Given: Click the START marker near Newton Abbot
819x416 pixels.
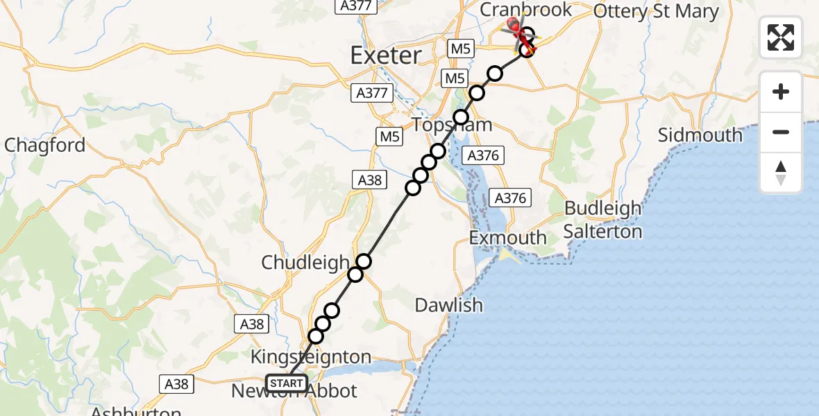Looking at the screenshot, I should (x=285, y=383).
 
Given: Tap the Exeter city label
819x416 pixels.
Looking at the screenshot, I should (x=386, y=55).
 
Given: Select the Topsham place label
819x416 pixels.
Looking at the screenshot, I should (x=453, y=125).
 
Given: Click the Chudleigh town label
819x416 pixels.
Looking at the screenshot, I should (x=305, y=262).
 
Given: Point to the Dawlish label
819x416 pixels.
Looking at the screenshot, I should (x=448, y=304).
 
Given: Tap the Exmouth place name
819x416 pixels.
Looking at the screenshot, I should (x=508, y=238).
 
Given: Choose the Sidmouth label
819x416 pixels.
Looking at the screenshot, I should (x=700, y=135).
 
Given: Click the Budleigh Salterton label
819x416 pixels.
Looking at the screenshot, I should (x=602, y=219).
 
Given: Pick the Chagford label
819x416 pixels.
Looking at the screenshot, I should (x=45, y=146).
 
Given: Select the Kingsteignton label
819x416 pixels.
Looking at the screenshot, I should (x=310, y=358).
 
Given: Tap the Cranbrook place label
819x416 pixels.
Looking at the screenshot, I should (x=526, y=10).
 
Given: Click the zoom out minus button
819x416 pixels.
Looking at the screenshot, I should (x=781, y=132).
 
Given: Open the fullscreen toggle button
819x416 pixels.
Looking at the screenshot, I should (x=781, y=37).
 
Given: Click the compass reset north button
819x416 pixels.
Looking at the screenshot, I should (x=781, y=173).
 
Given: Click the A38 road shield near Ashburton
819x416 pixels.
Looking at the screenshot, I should (x=177, y=383).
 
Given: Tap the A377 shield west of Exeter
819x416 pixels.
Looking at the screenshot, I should (x=372, y=93).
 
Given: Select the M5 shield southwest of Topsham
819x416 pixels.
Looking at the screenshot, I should (x=389, y=137).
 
